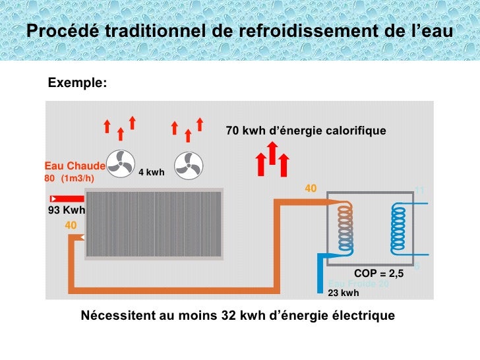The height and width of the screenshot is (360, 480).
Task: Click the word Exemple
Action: tap(76, 83)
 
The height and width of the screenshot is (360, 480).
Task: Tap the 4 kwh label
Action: tap(151, 173)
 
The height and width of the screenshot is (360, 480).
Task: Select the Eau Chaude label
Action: tap(75, 165)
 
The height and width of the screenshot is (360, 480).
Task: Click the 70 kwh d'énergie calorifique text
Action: tap(306, 131)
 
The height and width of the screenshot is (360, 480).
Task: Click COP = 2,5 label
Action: tap(378, 273)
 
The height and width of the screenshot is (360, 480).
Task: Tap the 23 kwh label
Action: tap(344, 293)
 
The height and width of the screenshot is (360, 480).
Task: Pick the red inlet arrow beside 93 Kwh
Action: tap(67, 198)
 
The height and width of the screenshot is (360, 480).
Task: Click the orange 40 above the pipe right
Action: tap(311, 189)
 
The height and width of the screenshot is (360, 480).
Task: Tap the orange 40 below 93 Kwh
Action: tap(71, 225)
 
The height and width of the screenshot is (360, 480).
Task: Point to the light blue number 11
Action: tap(420, 190)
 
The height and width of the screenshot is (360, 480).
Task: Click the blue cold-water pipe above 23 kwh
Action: tap(322, 270)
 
